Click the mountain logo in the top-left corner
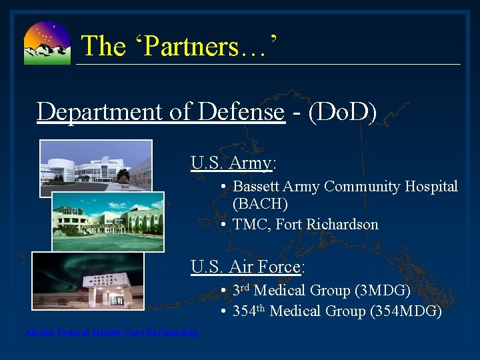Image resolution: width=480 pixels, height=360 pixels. click(x=47, y=43)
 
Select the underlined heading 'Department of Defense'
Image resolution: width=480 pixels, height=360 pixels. click(x=161, y=111)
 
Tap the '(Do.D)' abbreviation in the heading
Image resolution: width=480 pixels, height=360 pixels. click(x=339, y=111)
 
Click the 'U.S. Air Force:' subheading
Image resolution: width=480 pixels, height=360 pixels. click(x=247, y=267)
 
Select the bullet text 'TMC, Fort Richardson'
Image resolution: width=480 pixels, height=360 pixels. click(x=305, y=225)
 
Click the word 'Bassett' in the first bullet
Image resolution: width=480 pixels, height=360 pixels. click(x=257, y=187)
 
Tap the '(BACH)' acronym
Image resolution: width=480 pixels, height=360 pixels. click(x=260, y=204)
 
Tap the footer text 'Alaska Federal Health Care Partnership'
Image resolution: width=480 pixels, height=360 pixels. click(x=111, y=333)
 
